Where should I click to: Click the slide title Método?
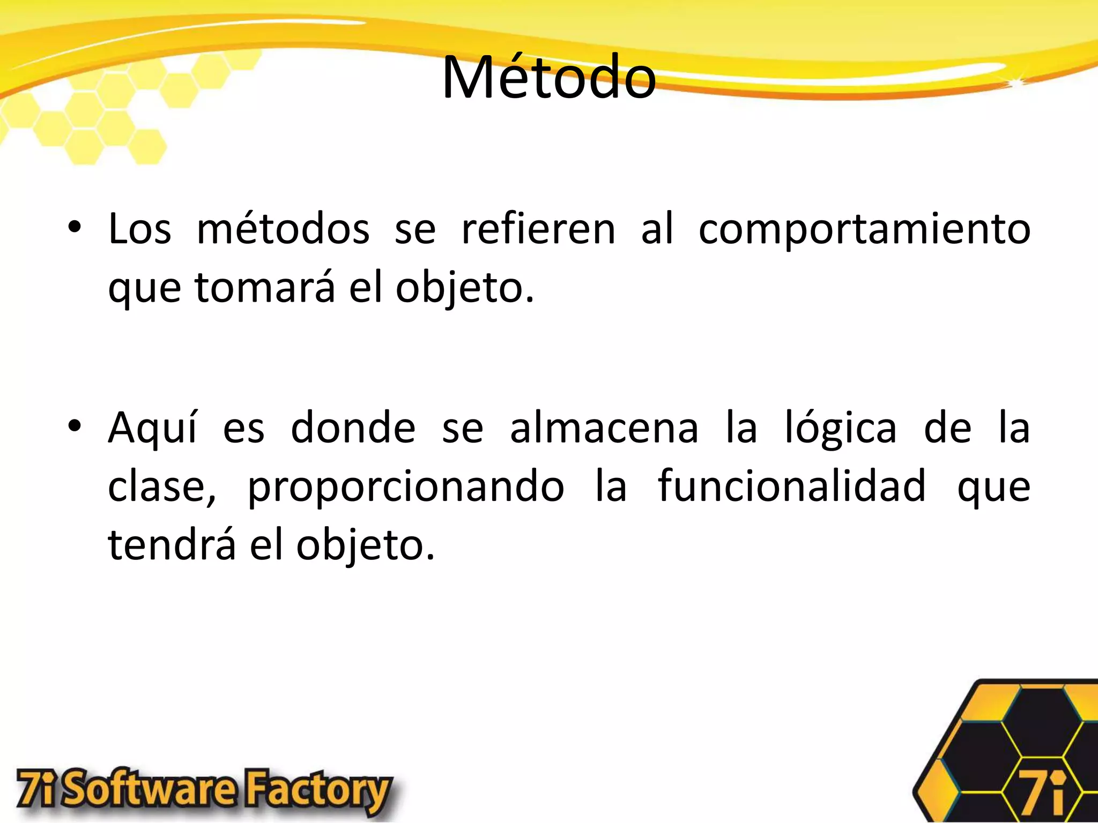click(548, 78)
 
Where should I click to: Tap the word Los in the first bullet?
click(140, 229)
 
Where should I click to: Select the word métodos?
click(283, 229)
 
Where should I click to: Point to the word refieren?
click(538, 229)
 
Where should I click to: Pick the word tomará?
click(265, 288)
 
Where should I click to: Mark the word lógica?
click(841, 429)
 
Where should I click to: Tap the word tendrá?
click(172, 544)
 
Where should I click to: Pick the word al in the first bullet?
click(657, 229)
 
